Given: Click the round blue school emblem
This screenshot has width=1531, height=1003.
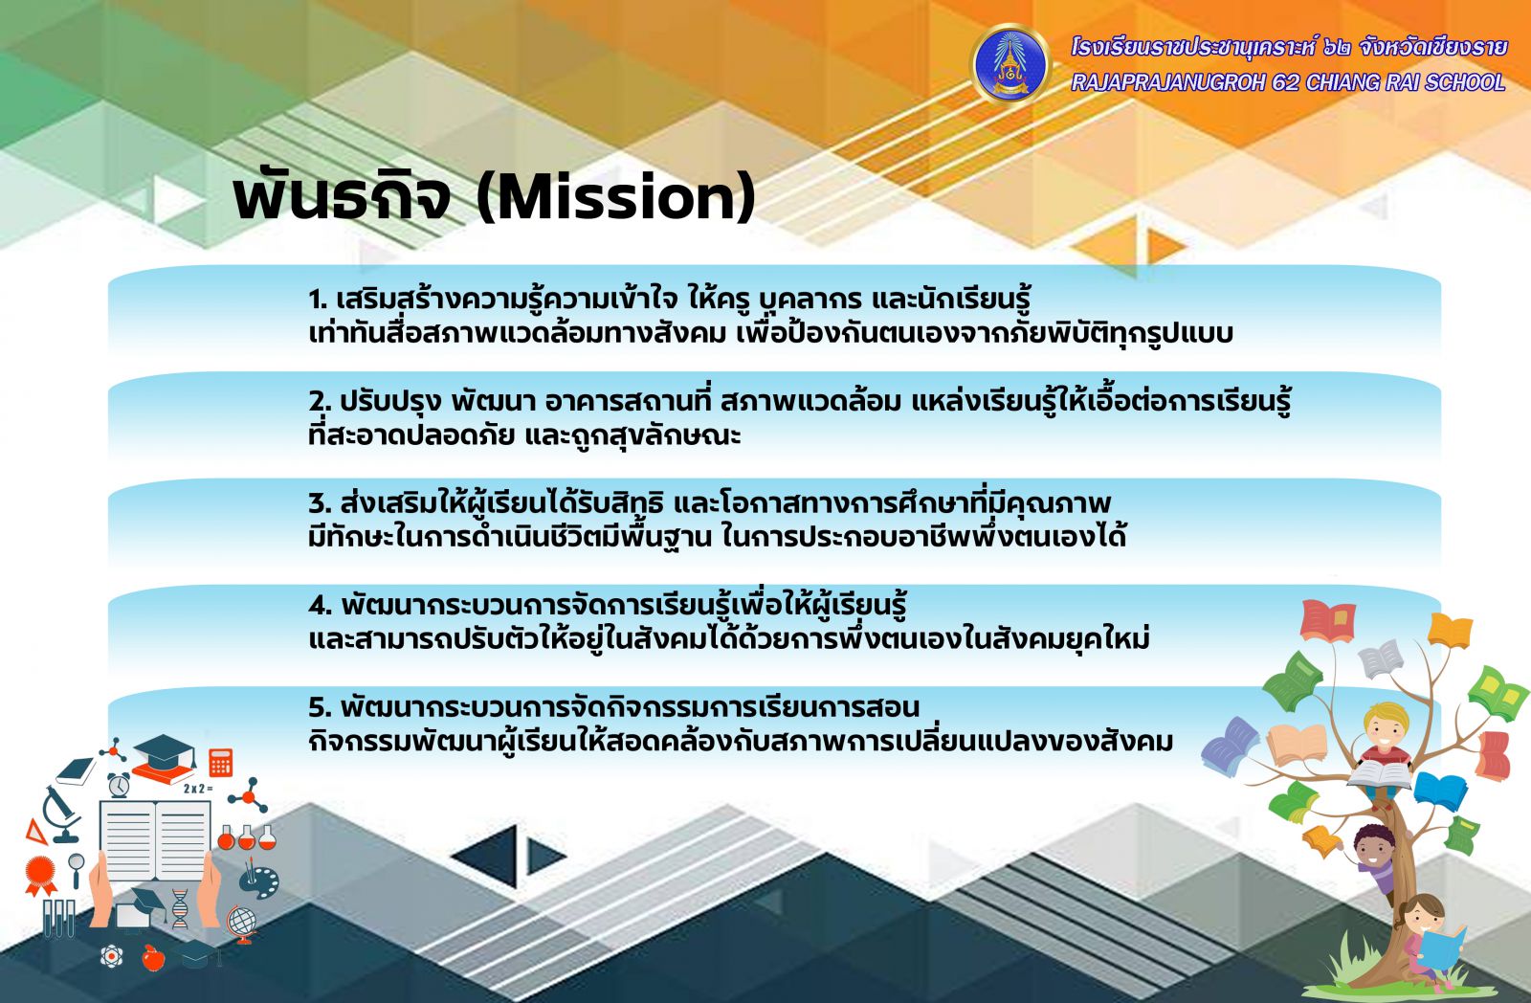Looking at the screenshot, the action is point(1010,64).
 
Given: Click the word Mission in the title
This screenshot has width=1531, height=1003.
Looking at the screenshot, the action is point(616,197).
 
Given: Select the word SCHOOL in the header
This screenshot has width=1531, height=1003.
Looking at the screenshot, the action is point(1465,82).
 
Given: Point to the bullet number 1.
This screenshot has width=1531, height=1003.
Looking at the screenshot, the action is point(317,300).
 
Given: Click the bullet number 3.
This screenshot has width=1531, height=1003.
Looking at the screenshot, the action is point(320,504).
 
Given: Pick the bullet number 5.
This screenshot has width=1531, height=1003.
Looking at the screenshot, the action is point(320,707).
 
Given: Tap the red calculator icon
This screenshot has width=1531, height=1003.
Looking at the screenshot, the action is point(221,763).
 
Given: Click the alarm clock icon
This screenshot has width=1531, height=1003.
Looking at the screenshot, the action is point(119,785).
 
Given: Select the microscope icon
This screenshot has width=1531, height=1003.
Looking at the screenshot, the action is point(61,814).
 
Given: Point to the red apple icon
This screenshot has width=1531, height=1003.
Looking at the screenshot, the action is point(153,957).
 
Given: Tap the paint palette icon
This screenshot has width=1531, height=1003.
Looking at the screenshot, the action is point(258,879).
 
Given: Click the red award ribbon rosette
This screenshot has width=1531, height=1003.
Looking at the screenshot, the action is point(40,875).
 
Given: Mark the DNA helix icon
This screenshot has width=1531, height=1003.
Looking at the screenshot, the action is point(180,908).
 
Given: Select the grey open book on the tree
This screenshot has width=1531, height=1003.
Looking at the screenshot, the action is point(1380,659).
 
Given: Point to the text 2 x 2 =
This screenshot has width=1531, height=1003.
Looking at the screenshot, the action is point(198,789).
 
